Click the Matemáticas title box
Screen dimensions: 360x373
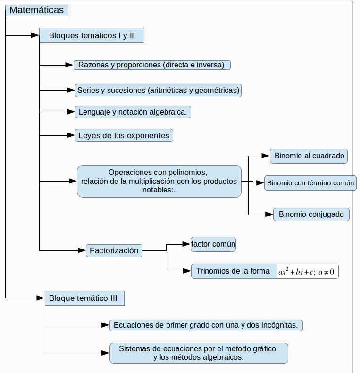point(37,10)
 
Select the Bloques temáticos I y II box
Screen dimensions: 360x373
point(92,35)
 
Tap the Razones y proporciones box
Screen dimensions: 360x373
point(152,65)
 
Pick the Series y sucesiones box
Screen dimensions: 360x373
point(159,91)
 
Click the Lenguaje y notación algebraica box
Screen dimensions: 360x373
point(133,112)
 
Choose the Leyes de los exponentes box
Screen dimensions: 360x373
point(124,135)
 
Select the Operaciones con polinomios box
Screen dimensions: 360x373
point(159,181)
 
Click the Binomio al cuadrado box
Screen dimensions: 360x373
point(309,156)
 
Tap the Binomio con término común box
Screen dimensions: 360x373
point(310,183)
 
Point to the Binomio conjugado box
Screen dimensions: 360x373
point(311,215)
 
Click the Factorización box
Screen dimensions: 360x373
point(114,250)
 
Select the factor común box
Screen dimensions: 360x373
point(213,244)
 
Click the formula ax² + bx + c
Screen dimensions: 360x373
point(306,272)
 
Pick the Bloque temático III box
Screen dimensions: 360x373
point(84,298)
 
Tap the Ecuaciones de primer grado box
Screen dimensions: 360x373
point(206,325)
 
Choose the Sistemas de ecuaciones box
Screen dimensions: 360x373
point(199,353)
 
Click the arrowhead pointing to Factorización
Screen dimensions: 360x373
point(82,250)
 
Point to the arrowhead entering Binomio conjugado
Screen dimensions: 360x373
point(269,215)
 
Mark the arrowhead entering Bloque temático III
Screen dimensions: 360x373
point(41,298)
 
